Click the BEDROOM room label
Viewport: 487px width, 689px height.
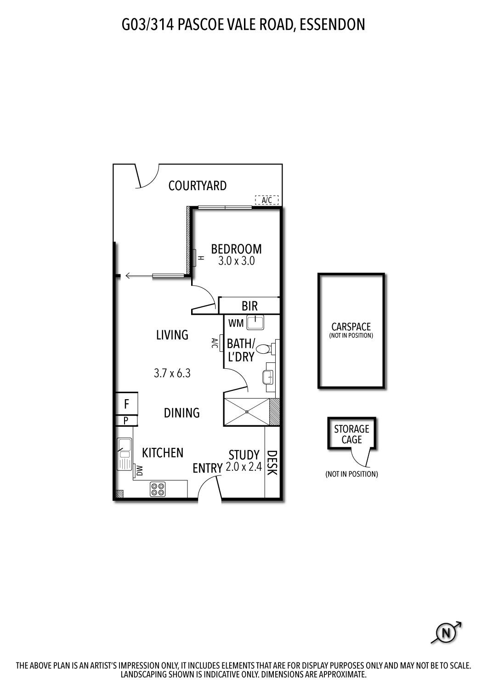pyautogui.click(x=236, y=249)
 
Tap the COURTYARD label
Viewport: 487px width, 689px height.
pyautogui.click(x=197, y=186)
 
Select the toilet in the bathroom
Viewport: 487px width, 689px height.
pyautogui.click(x=264, y=349)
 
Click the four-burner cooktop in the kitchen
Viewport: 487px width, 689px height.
pyautogui.click(x=158, y=489)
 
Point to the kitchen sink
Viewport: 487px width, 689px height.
pyautogui.click(x=124, y=453)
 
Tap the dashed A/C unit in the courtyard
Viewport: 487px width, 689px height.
pyautogui.click(x=267, y=200)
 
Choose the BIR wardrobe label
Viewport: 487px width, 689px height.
pyautogui.click(x=249, y=306)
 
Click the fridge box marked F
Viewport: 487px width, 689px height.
pyautogui.click(x=126, y=404)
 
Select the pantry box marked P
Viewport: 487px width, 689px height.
pyautogui.click(x=126, y=420)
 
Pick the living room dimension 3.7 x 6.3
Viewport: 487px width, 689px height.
pyautogui.click(x=172, y=373)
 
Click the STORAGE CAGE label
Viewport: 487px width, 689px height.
pyautogui.click(x=351, y=434)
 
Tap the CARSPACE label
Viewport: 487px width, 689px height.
pyautogui.click(x=351, y=327)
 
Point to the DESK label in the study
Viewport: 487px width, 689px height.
pyautogui.click(x=272, y=463)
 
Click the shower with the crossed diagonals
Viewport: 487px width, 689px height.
pyautogui.click(x=246, y=412)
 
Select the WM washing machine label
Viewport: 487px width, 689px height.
pyautogui.click(x=236, y=323)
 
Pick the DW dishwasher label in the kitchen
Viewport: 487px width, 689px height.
pyautogui.click(x=139, y=470)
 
